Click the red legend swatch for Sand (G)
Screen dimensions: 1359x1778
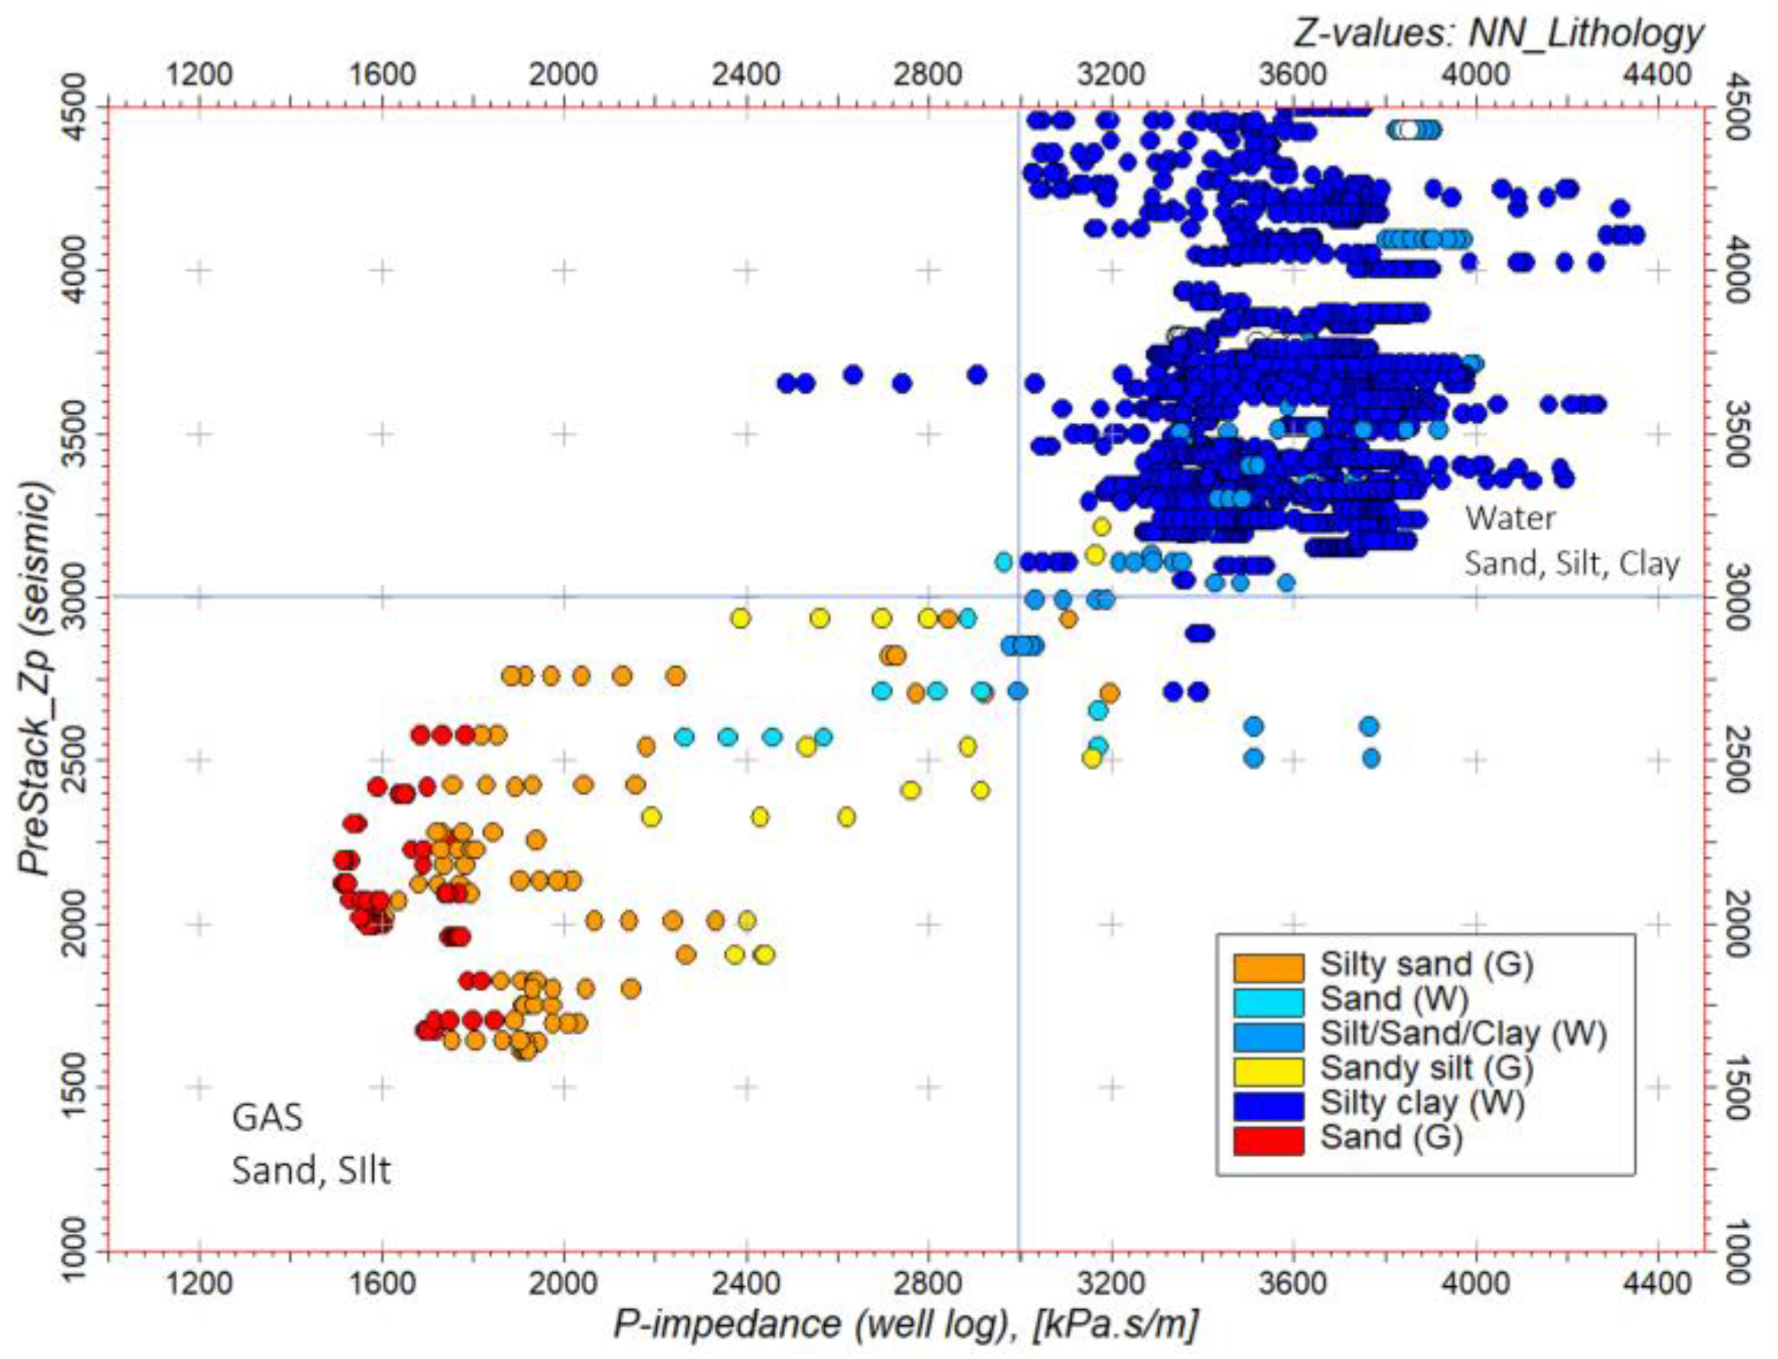tap(1268, 1140)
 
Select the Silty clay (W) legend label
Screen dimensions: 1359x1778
tap(1422, 1103)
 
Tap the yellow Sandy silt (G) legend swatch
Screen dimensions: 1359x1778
tap(1268, 1070)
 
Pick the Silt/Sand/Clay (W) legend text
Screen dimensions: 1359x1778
tap(1463, 1033)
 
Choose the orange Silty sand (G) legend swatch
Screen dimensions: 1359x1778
tap(1268, 966)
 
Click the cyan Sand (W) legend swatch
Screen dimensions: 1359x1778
tap(1268, 1001)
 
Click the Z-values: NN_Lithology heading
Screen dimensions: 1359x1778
tap(1497, 32)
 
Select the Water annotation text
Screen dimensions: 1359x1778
tap(1509, 519)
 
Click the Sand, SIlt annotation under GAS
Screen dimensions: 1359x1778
tap(312, 1170)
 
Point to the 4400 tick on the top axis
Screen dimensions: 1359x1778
tap(1658, 74)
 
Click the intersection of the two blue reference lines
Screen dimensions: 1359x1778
tap(1018, 597)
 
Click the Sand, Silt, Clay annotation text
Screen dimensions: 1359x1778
tap(1571, 563)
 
